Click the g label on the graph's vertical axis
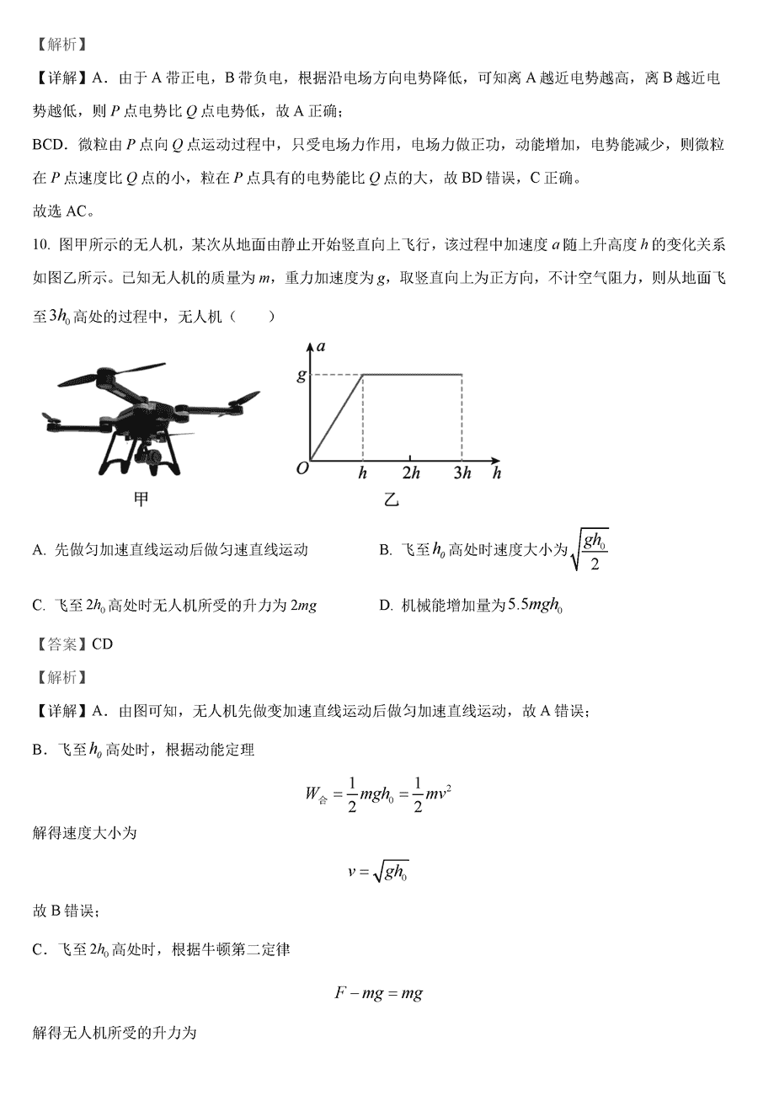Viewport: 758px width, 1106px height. click(302, 376)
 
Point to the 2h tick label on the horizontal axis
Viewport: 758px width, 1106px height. click(411, 473)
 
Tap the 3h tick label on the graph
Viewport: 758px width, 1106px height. click(462, 473)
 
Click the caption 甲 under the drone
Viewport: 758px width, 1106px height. click(141, 500)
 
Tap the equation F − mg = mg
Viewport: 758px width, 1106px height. click(378, 993)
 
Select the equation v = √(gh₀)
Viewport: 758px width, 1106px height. click(378, 872)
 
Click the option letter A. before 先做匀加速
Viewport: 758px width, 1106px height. click(39, 550)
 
